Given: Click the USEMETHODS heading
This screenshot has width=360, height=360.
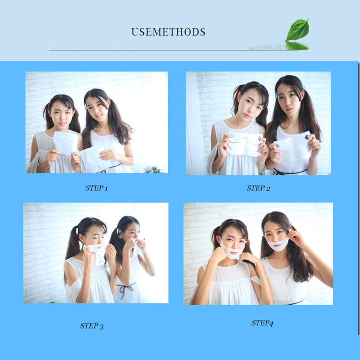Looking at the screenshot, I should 168,32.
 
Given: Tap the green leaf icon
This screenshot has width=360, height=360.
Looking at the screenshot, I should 297,31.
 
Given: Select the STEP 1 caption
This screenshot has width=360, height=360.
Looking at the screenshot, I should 96,188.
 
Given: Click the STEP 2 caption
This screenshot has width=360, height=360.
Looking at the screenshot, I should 258,188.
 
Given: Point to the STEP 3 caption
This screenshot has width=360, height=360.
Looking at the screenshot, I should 92,326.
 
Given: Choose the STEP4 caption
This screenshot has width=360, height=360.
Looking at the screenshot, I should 262,323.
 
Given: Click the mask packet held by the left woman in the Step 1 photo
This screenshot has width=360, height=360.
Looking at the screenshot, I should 65,143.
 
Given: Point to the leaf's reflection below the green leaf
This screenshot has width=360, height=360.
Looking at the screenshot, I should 297,45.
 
